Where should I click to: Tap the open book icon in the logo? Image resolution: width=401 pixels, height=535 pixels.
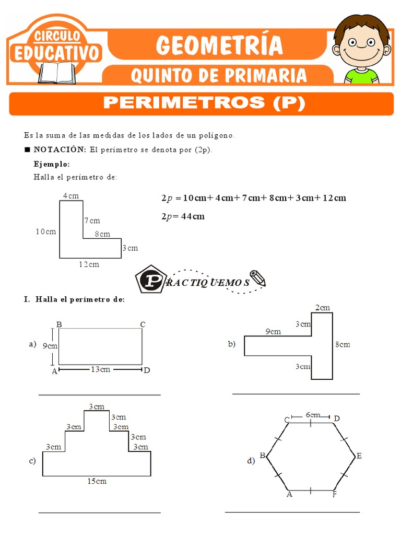(56, 72)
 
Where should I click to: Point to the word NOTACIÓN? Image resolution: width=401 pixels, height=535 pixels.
(60, 149)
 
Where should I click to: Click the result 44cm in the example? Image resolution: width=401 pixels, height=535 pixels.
(193, 216)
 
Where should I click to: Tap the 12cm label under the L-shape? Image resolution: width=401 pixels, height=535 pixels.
(89, 264)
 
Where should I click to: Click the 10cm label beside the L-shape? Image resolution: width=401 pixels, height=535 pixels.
(46, 231)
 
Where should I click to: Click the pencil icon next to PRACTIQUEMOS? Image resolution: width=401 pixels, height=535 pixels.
(257, 278)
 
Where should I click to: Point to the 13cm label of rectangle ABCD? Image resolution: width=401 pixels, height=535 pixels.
(100, 370)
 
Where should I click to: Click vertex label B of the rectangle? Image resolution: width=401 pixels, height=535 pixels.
(59, 324)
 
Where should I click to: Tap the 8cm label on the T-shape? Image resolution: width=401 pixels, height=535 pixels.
(343, 344)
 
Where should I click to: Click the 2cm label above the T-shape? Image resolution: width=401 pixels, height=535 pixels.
(323, 308)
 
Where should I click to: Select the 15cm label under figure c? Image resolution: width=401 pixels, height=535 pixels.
(97, 481)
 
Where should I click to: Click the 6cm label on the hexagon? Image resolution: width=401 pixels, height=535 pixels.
(313, 415)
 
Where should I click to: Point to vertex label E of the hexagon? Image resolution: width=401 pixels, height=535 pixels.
(359, 456)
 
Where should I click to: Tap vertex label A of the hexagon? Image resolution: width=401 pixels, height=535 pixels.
(289, 494)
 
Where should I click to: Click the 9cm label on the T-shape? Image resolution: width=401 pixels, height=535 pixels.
(273, 331)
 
